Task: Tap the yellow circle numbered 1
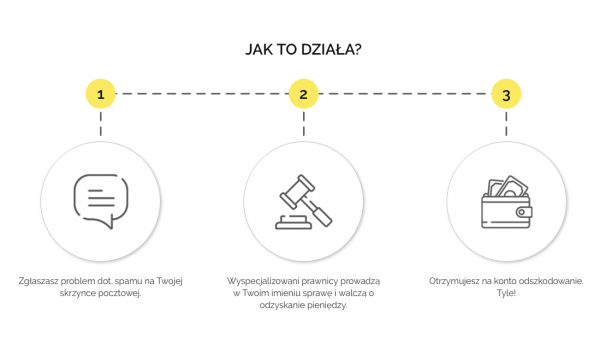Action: point(100,94)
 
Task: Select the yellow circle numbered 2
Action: point(303,94)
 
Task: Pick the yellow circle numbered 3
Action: point(506,94)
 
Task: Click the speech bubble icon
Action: point(101,200)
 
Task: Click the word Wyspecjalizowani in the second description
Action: point(262,281)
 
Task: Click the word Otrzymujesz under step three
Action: point(453,281)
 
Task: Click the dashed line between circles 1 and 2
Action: point(200,94)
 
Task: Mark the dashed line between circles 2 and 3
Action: point(404,94)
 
